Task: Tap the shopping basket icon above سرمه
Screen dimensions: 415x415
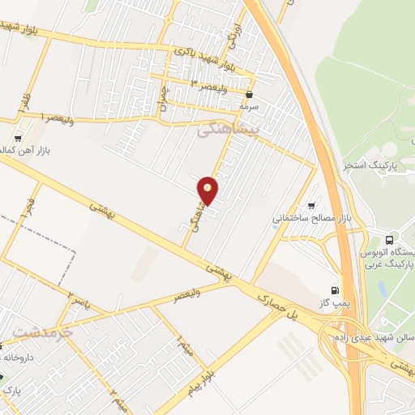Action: click(249, 94)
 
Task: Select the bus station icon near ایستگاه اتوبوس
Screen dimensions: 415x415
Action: click(390, 240)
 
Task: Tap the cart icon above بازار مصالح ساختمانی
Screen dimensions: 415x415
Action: click(311, 205)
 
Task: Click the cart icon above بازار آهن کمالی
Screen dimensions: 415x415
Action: click(19, 139)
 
